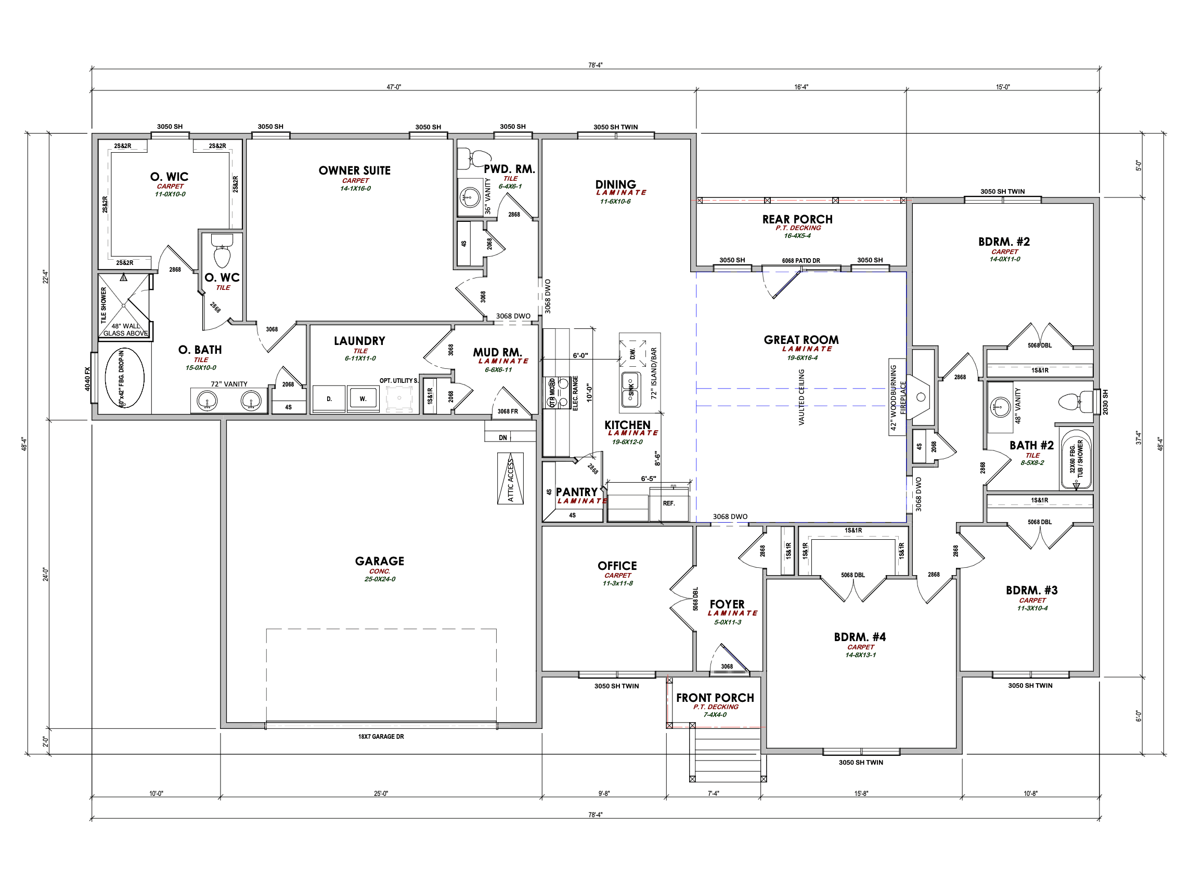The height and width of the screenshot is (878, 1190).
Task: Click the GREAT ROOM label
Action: point(801,340)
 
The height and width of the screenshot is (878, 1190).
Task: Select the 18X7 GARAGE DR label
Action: point(381,737)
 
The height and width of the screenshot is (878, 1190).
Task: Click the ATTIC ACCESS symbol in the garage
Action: point(510,478)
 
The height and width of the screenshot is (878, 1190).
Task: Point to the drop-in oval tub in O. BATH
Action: point(124,378)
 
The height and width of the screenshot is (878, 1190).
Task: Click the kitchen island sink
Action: point(631,390)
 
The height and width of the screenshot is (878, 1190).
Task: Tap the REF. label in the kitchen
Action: point(669,503)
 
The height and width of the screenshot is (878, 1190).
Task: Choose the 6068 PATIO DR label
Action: point(800,261)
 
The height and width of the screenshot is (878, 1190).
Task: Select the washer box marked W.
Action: point(363,398)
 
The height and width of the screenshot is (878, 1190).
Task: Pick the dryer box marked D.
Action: point(329,398)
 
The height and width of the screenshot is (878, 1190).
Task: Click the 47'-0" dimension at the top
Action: point(394,87)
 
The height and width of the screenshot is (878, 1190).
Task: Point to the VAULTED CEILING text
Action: point(801,397)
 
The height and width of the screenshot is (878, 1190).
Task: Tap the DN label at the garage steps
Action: point(503,438)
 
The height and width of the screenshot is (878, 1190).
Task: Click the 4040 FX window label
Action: point(88,379)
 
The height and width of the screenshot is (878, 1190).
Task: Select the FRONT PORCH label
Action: point(715,698)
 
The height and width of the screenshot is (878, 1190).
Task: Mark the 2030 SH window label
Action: point(1105,402)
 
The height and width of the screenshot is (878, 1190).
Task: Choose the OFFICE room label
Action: point(617,566)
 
